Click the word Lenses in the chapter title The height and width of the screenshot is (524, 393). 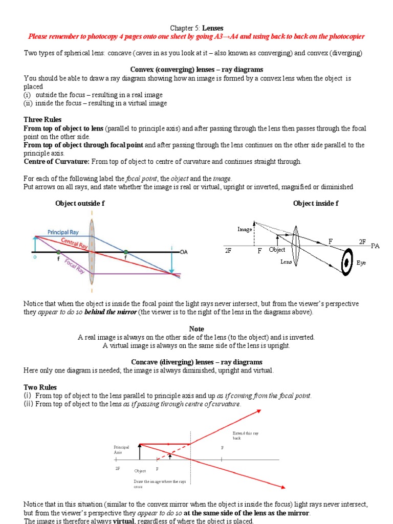tap(212, 28)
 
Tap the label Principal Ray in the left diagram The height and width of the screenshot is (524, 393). tap(63, 232)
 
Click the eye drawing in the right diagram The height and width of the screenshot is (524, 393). tap(346, 263)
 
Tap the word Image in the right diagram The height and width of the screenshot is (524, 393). tap(245, 229)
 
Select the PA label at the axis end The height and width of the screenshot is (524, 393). tap(376, 246)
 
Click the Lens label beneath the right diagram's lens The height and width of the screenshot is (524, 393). tap(286, 263)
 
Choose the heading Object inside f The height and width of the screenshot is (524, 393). tap(316, 203)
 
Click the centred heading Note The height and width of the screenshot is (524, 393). tap(196, 329)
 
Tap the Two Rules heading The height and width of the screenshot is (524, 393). tap(40, 387)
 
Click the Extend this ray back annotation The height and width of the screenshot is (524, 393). tap(246, 436)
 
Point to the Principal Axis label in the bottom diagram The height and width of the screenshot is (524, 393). tap(121, 450)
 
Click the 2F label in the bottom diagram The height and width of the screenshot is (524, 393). tap(118, 469)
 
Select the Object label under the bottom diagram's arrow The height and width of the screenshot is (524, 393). tap(140, 471)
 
